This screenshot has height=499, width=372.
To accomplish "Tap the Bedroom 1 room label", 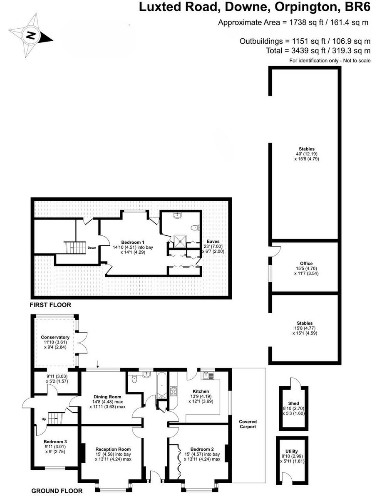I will (x=133, y=242).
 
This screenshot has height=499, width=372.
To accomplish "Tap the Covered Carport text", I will (x=248, y=424).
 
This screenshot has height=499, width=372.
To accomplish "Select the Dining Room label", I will (x=107, y=397).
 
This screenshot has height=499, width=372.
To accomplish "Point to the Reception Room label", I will (x=113, y=449).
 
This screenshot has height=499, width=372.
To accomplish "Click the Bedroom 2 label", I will (x=202, y=449).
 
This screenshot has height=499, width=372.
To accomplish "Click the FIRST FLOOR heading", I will (x=50, y=305).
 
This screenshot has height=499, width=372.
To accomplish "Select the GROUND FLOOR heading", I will (x=57, y=491).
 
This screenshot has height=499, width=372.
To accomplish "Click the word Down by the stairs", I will (x=92, y=248).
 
